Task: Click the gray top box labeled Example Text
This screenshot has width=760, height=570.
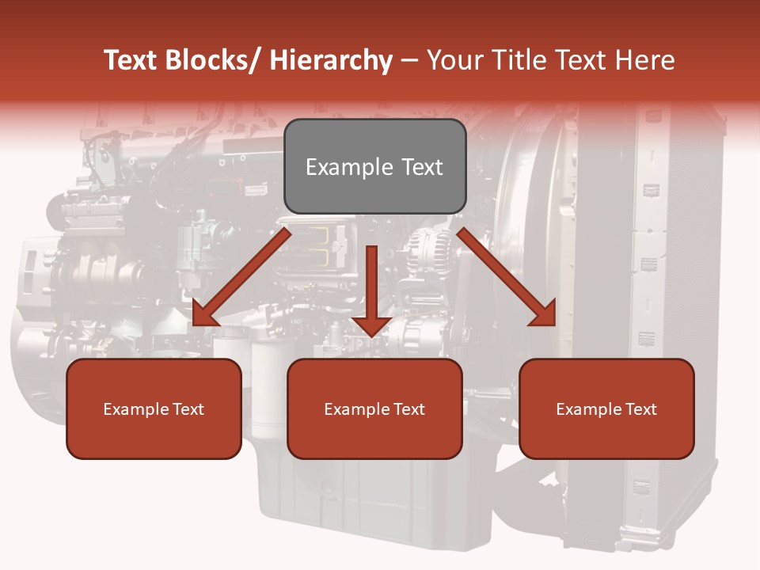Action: pyautogui.click(x=374, y=166)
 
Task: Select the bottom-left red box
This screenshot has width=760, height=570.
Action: pyautogui.click(x=154, y=408)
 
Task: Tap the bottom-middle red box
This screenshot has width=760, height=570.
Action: pyautogui.click(x=374, y=408)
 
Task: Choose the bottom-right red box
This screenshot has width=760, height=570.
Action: pyautogui.click(x=606, y=408)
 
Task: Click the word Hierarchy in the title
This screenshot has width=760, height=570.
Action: pyautogui.click(x=331, y=60)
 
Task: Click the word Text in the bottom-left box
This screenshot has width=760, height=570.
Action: pyautogui.click(x=188, y=409)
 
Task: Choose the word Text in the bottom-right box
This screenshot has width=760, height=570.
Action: pyautogui.click(x=640, y=409)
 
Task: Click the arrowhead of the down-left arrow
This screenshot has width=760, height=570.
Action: pyautogui.click(x=205, y=313)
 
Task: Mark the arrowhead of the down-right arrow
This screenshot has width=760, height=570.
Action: pyautogui.click(x=543, y=313)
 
